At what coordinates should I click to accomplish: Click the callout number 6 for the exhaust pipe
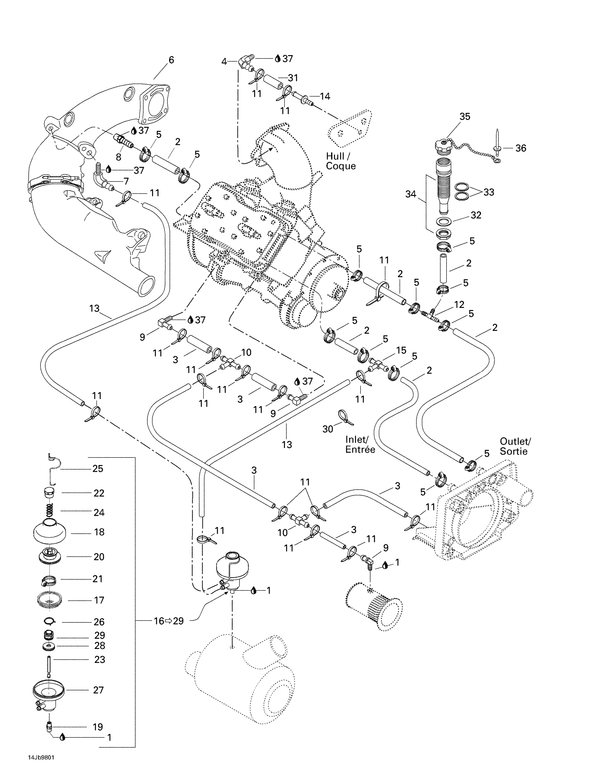click(x=171, y=60)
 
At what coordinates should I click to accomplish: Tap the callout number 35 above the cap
click(x=465, y=116)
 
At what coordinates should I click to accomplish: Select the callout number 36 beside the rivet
click(x=521, y=148)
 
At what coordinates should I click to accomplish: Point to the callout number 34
click(x=410, y=194)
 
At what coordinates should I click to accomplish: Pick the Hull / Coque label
click(x=341, y=161)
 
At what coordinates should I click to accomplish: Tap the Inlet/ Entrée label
click(x=360, y=444)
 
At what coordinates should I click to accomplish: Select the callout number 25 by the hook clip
click(x=98, y=469)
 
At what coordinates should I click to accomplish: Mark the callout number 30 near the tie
click(x=328, y=429)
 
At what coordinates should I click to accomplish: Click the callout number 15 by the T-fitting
click(x=401, y=350)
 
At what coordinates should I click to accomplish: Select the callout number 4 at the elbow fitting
click(x=224, y=62)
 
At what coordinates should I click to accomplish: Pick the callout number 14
click(x=325, y=96)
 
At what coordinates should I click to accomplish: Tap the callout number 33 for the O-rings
click(x=489, y=192)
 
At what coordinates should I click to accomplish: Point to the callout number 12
click(x=459, y=305)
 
